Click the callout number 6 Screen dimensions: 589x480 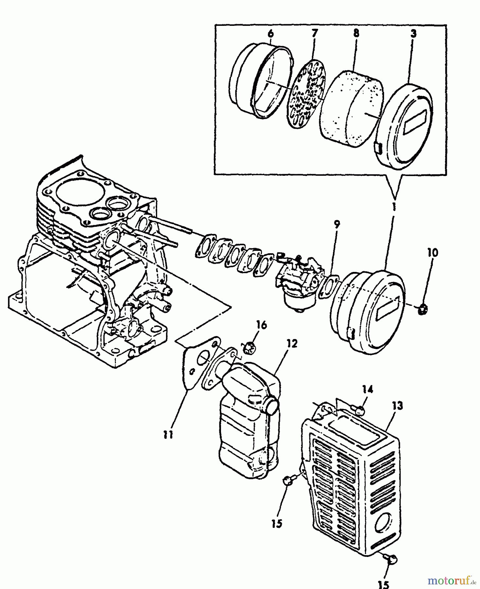[270, 34]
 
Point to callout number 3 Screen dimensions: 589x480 [414, 34]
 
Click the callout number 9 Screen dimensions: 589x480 [337, 224]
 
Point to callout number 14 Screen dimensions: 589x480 [367, 389]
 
